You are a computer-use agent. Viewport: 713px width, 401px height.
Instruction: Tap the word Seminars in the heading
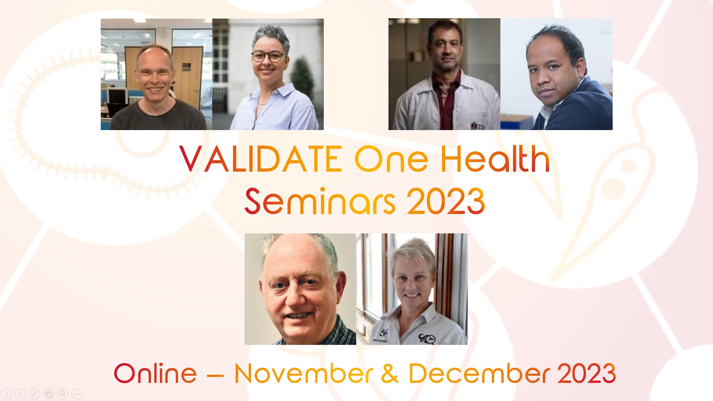point(320,201)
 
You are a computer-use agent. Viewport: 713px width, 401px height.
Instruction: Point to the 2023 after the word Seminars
point(446,201)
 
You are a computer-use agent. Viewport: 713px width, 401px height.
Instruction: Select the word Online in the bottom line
point(155,374)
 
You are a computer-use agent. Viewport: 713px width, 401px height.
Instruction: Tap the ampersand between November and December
point(390,374)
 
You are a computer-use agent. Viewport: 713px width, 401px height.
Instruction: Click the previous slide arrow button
point(7,394)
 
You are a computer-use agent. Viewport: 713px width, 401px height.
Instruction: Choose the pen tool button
point(35,394)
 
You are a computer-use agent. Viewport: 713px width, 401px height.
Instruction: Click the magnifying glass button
point(63,394)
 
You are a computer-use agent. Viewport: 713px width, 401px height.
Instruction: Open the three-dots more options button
point(77,394)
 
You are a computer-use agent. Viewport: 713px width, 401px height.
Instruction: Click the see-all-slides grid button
point(49,394)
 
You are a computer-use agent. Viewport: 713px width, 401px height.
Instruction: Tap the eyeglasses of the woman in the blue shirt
point(268,57)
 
